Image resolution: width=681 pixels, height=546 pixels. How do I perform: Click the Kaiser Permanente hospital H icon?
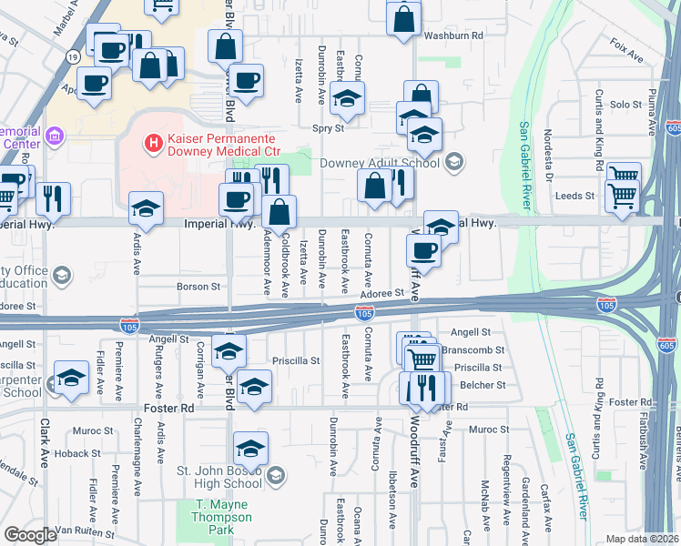tap(153, 144)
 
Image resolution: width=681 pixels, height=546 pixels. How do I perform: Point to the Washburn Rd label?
tap(454, 36)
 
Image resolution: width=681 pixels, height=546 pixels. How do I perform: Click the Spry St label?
tap(328, 128)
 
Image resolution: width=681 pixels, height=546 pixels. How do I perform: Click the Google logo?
tap(30, 535)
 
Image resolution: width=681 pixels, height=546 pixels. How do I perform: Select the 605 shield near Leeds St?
tap(673, 130)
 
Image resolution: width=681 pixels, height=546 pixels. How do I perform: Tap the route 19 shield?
tap(72, 57)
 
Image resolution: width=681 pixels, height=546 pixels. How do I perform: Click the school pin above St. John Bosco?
tap(250, 449)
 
